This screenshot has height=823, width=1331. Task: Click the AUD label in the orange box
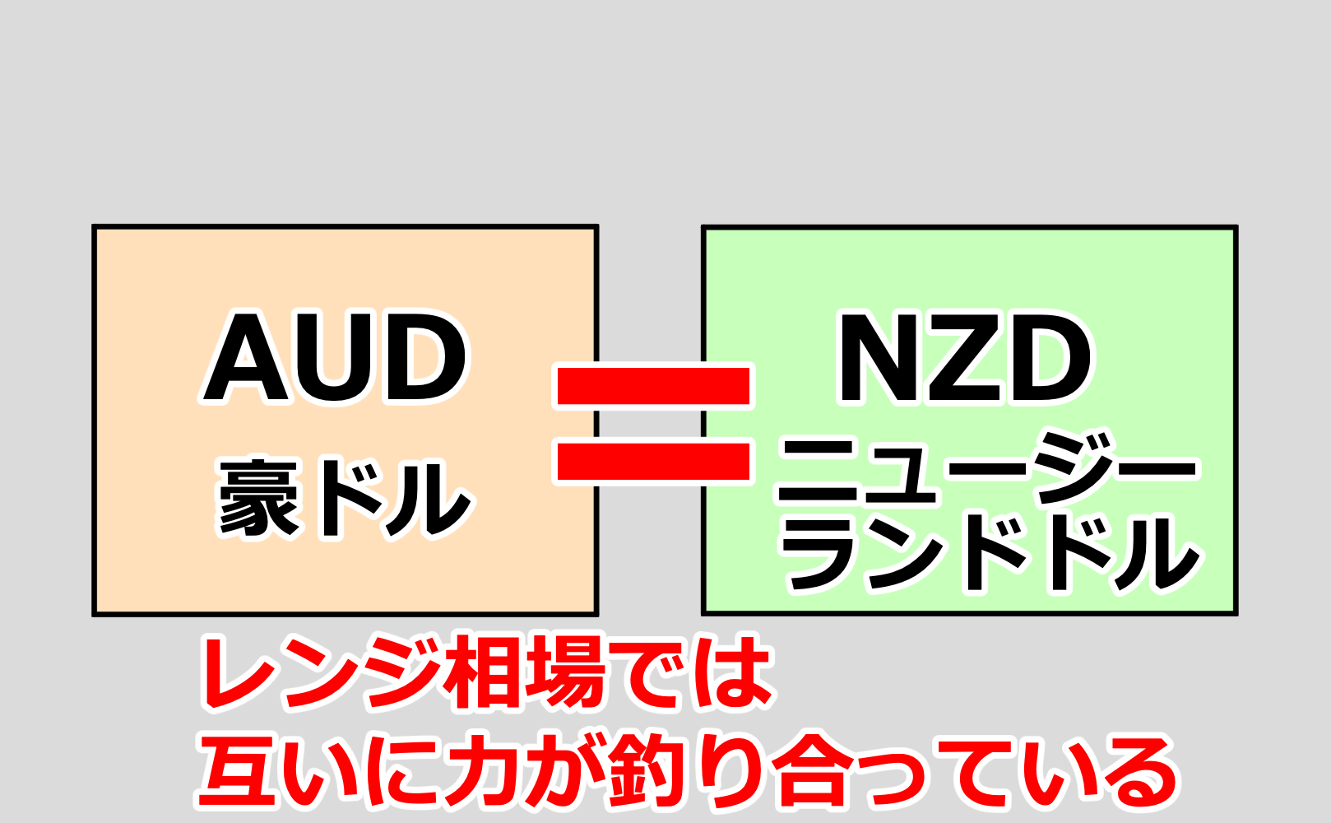pyautogui.click(x=336, y=359)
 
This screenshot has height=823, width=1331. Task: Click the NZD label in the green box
pyautogui.click(x=964, y=359)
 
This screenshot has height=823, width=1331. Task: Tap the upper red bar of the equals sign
pyautogui.click(x=654, y=386)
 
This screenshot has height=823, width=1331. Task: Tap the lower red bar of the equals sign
pyautogui.click(x=654, y=461)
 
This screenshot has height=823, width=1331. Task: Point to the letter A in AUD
pyautogui.click(x=244, y=359)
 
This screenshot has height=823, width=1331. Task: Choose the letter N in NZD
pyautogui.click(x=881, y=359)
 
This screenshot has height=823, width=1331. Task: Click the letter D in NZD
pyautogui.click(x=1049, y=359)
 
